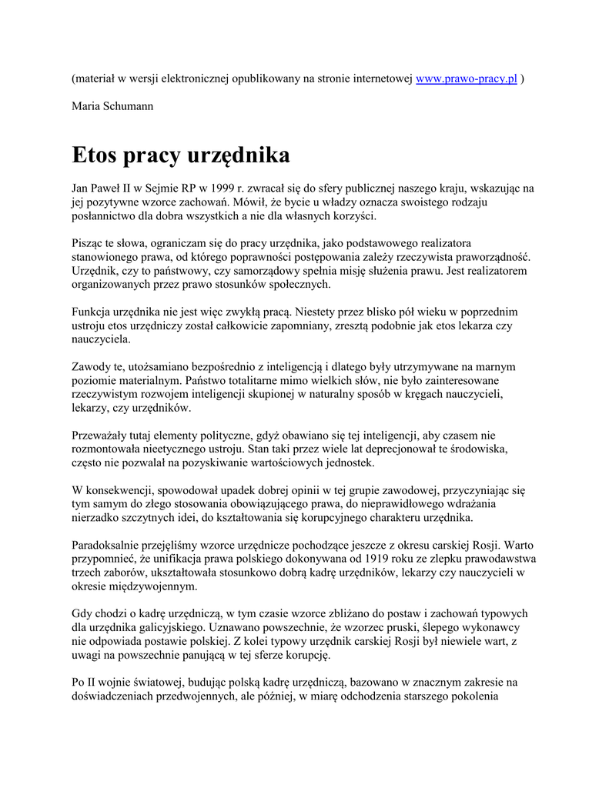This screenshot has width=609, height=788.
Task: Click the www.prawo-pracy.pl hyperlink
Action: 466,80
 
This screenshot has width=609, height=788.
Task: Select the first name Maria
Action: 86,106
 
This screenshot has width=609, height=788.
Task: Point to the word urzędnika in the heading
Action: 239,155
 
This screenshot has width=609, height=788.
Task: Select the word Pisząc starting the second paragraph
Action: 90,243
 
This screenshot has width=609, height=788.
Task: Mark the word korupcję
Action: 303,654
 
